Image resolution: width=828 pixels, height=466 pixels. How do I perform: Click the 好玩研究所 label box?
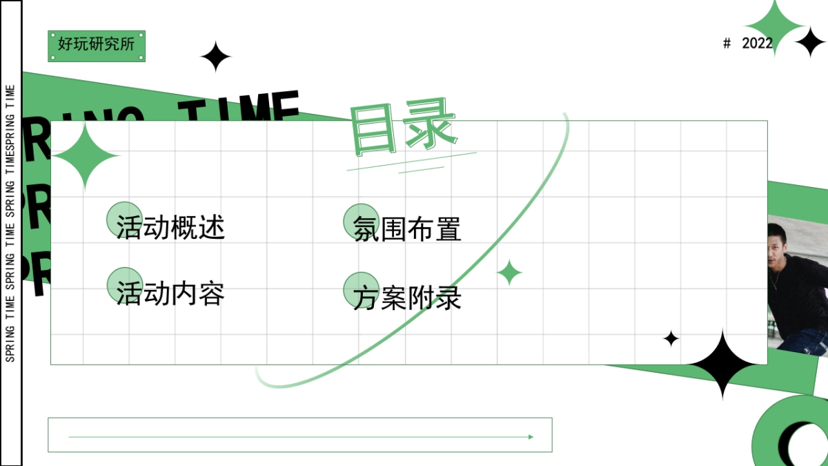point(97,46)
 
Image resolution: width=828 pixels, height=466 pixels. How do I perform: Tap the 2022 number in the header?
point(757,43)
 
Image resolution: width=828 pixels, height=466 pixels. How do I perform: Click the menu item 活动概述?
point(170,227)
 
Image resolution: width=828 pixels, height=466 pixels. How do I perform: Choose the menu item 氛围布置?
point(407,229)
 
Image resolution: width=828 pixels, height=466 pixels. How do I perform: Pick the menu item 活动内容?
point(170,294)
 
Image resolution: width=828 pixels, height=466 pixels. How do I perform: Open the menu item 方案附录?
point(407,298)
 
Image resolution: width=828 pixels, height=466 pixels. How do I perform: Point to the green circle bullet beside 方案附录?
point(361,289)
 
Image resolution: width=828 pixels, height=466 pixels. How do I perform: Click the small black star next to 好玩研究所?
point(216,57)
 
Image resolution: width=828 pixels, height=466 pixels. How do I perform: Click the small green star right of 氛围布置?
point(510,273)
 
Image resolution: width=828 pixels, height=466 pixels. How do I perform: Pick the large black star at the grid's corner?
point(722,364)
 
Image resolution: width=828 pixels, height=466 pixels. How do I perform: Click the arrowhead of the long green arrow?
point(531,437)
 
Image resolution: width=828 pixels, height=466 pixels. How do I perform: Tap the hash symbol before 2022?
point(727,43)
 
